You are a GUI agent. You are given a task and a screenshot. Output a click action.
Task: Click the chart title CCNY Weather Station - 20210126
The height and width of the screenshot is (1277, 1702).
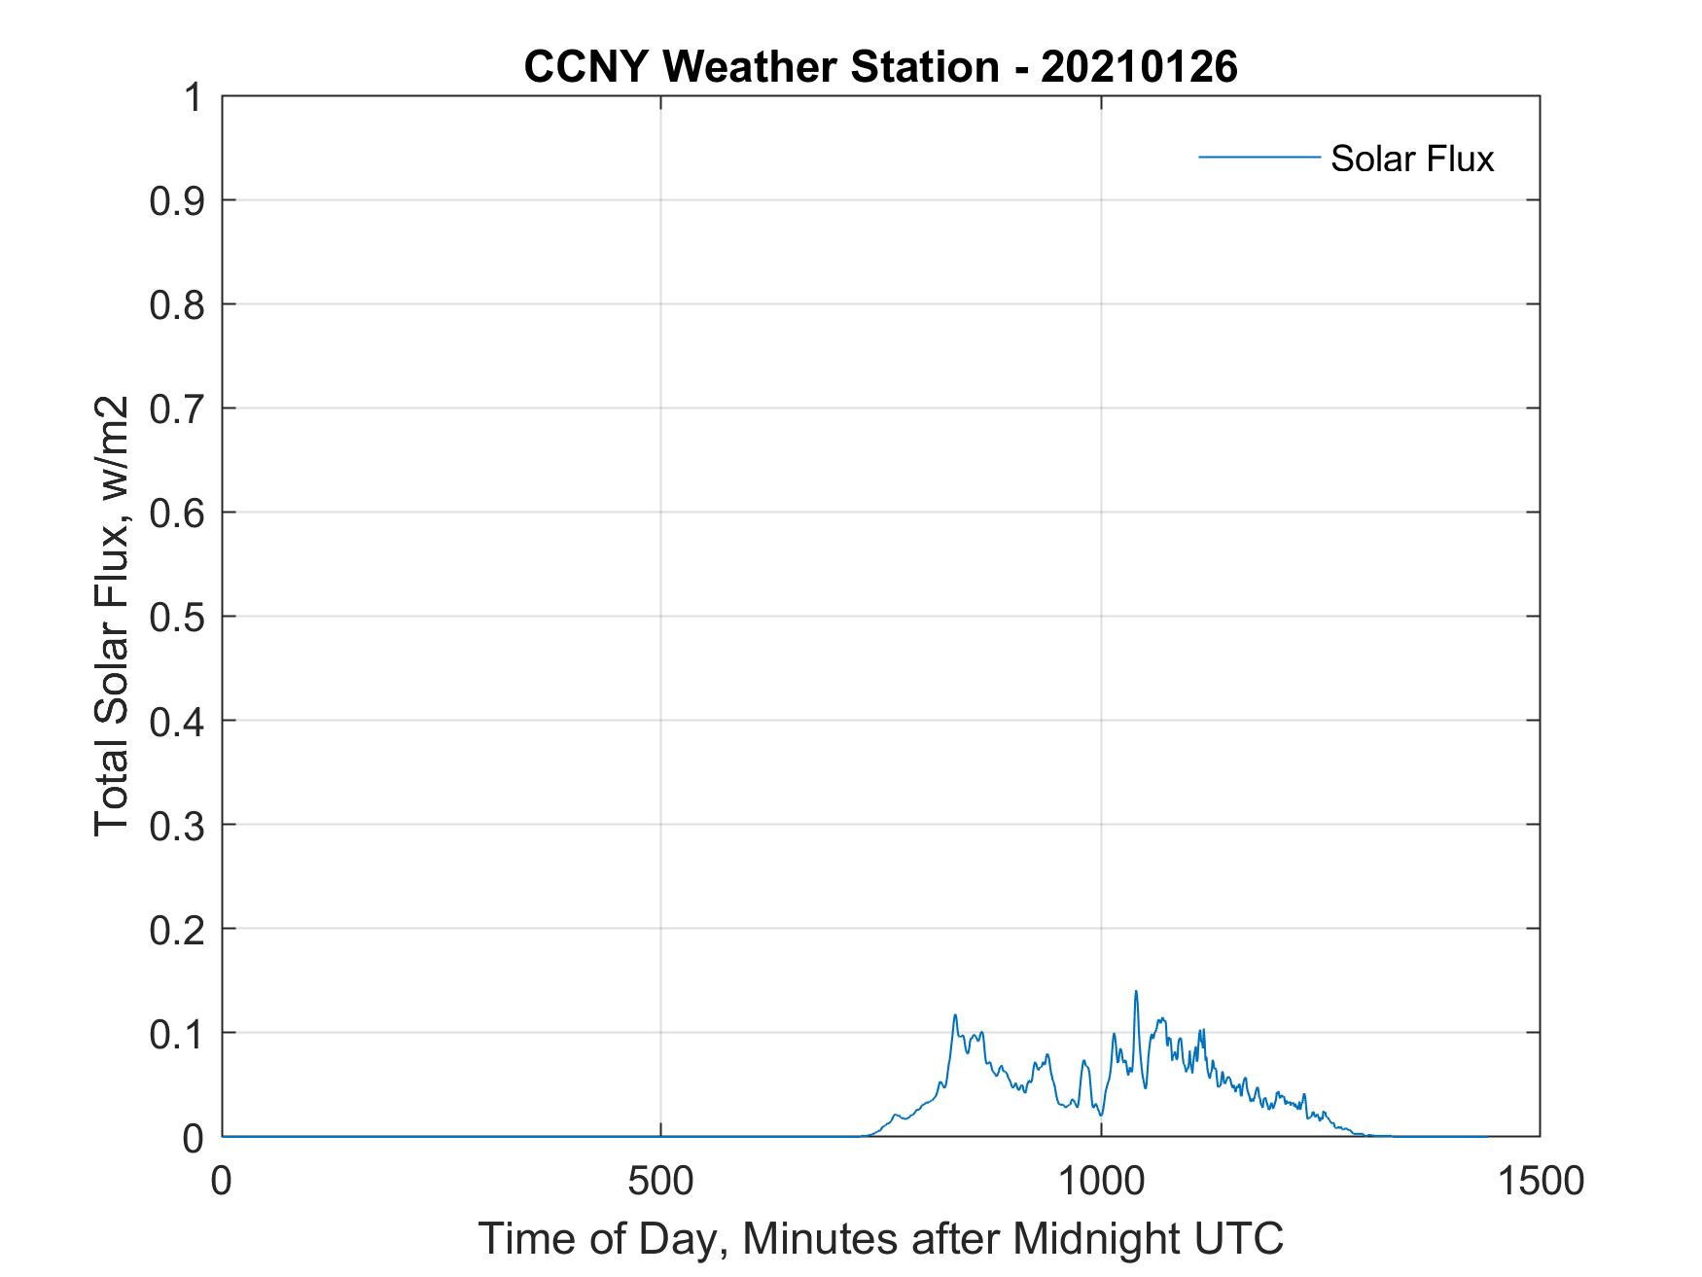880,67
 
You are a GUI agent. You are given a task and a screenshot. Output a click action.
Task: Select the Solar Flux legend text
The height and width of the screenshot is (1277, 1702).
1411,159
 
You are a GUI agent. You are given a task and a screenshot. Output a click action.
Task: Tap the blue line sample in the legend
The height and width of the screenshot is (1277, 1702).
1259,157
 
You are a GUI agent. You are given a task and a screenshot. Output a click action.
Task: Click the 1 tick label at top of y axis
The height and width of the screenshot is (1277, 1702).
194,98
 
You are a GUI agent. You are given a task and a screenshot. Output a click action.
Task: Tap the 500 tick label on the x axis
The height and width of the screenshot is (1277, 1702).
661,1182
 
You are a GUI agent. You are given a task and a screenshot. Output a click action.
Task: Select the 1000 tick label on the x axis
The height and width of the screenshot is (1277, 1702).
1101,1182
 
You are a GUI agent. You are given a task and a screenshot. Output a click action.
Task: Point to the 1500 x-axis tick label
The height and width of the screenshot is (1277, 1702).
1540,1182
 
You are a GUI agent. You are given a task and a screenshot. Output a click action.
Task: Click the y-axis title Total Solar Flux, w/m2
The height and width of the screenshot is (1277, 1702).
112,617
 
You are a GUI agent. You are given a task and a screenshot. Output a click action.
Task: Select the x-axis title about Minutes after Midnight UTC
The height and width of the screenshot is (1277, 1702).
880,1239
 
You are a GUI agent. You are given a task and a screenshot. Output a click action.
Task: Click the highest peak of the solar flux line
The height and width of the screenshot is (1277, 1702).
1135,993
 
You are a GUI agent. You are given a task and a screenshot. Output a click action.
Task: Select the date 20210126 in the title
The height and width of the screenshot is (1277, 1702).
1139,67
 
